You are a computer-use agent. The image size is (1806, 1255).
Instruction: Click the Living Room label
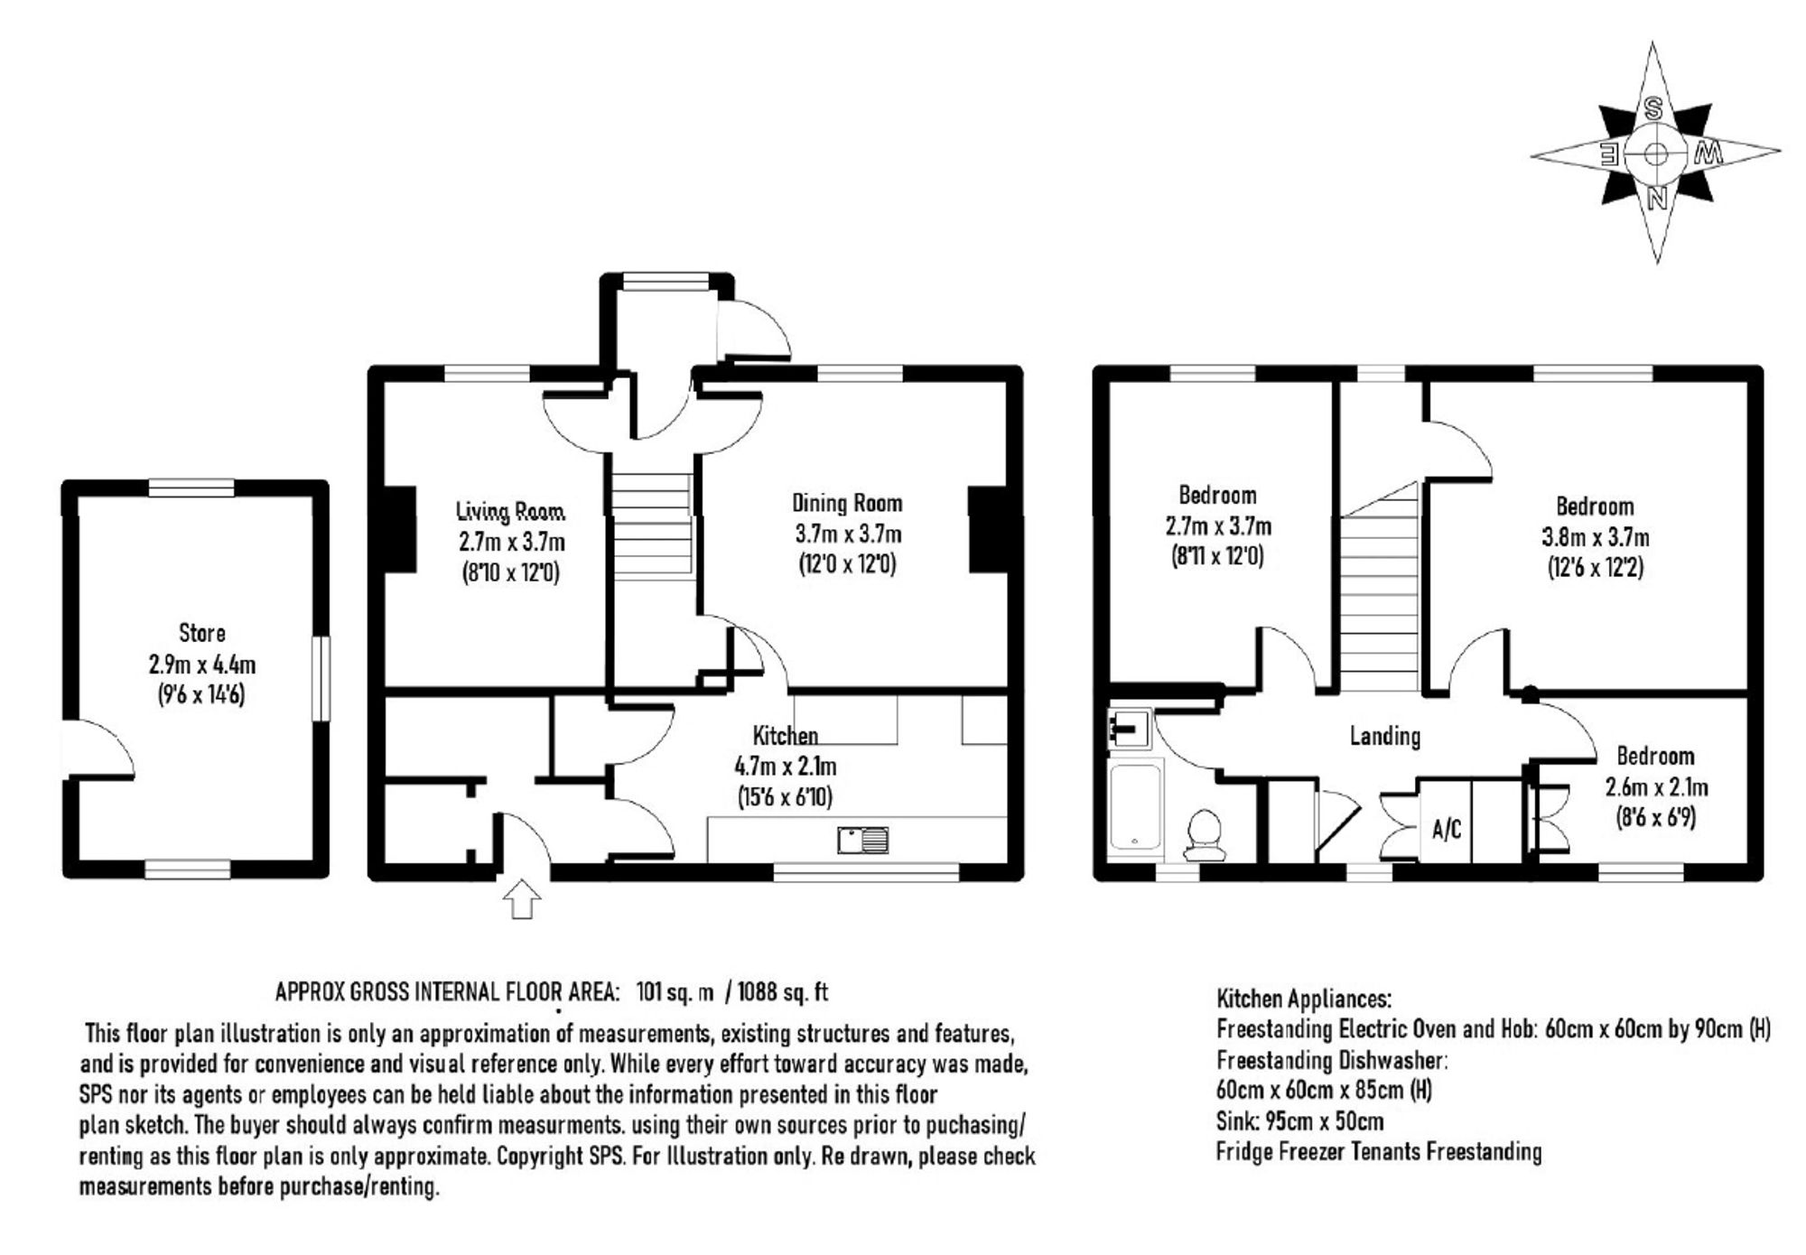pyautogui.click(x=510, y=512)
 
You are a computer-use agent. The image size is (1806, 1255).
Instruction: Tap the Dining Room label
pyautogui.click(x=847, y=503)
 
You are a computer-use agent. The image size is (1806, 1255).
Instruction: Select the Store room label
pyautogui.click(x=201, y=633)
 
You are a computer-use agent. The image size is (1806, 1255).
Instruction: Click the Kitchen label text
pyautogui.click(x=786, y=736)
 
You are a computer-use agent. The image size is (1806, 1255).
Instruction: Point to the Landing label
pyautogui.click(x=1385, y=736)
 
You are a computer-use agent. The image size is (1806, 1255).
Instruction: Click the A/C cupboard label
pyautogui.click(x=1447, y=829)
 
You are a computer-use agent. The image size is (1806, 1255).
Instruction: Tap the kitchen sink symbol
pyautogui.click(x=862, y=841)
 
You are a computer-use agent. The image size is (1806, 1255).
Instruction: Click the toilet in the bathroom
pyautogui.click(x=1206, y=834)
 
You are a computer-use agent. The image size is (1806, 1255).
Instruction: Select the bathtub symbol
pyautogui.click(x=1136, y=808)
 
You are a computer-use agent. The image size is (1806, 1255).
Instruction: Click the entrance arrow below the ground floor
pyautogui.click(x=522, y=900)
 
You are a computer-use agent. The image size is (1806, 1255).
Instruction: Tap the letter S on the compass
pyautogui.click(x=1653, y=110)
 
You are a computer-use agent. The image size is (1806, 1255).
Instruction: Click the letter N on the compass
pyautogui.click(x=1657, y=198)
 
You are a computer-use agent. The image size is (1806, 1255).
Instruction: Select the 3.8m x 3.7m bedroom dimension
pyautogui.click(x=1595, y=538)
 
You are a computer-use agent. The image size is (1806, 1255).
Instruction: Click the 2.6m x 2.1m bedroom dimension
pyautogui.click(x=1656, y=787)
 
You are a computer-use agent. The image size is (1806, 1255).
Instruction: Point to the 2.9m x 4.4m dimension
pyautogui.click(x=202, y=665)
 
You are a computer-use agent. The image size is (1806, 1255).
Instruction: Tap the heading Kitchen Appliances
pyautogui.click(x=1304, y=999)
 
